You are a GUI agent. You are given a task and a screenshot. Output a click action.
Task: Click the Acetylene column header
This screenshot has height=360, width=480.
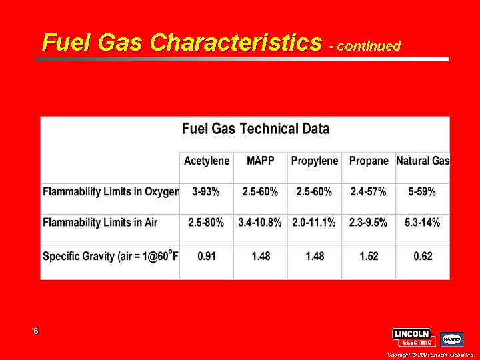[207, 161]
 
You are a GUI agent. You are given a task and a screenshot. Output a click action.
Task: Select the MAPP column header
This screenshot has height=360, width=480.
[261, 161]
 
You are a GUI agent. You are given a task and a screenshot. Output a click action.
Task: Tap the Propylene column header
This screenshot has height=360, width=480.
[315, 161]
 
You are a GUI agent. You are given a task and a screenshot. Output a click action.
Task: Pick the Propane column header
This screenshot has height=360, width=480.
[369, 161]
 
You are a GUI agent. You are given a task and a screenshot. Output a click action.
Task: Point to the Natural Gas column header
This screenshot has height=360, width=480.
[423, 161]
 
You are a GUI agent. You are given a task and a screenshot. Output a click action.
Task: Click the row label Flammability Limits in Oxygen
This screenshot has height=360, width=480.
[111, 191]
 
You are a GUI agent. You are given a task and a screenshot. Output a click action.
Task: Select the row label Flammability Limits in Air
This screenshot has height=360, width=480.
[100, 222]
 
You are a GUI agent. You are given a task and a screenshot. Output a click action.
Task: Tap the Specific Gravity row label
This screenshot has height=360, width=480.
[111, 255]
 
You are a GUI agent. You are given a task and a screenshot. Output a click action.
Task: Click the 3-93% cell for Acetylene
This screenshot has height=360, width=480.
[206, 191]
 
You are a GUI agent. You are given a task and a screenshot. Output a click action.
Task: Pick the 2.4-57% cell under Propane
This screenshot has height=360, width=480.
[368, 191]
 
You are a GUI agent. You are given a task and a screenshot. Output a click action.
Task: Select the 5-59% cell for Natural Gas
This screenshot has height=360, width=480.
[422, 191]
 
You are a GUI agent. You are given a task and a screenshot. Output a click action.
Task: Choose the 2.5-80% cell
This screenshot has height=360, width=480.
[206, 222]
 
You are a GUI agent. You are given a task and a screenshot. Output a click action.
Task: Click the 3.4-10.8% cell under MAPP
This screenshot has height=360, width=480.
[260, 222]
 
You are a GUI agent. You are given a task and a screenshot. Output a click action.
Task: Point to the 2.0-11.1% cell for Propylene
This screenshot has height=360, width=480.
[314, 222]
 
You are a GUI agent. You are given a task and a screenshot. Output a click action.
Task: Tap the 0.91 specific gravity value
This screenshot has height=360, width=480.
[206, 256]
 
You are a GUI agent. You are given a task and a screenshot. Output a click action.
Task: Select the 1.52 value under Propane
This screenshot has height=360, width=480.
[368, 256]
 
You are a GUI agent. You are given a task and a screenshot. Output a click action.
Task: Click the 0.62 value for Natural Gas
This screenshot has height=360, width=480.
[422, 256]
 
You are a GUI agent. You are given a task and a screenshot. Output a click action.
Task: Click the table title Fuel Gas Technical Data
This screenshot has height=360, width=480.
[255, 129]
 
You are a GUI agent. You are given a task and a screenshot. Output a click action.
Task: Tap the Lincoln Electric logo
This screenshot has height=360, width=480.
[413, 337]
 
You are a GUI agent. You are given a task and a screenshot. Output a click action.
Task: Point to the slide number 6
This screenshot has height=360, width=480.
[36, 331]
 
